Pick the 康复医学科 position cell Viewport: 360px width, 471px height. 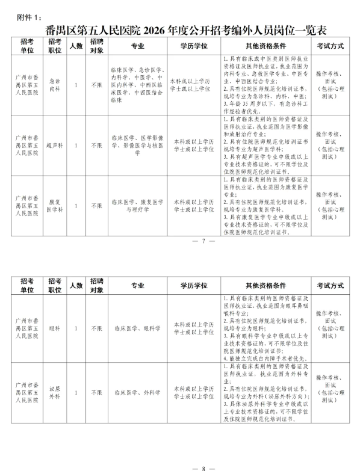56,205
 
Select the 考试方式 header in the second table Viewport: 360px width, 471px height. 330,286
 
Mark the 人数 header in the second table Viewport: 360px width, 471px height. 75,286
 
